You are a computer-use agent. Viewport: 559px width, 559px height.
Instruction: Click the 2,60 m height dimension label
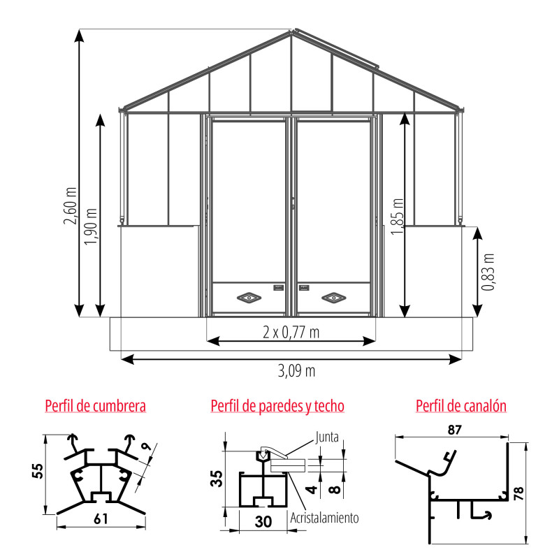pyautogui.click(x=71, y=205)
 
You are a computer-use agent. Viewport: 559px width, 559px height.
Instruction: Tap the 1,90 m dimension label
pyautogui.click(x=91, y=226)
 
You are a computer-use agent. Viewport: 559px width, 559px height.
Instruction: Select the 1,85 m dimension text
pyautogui.click(x=397, y=217)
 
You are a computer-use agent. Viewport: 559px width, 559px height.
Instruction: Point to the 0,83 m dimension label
pyautogui.click(x=488, y=272)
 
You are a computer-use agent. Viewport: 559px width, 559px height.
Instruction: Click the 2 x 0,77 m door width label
pyautogui.click(x=291, y=333)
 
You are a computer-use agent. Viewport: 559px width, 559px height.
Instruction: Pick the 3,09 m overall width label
pyautogui.click(x=296, y=371)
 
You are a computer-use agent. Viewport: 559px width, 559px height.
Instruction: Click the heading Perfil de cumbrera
pyautogui.click(x=96, y=406)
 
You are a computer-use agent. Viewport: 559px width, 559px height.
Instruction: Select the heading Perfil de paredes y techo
pyautogui.click(x=277, y=406)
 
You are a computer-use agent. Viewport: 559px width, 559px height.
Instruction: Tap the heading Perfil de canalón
pyautogui.click(x=461, y=406)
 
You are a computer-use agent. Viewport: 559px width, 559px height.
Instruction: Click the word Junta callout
pyautogui.click(x=327, y=437)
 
